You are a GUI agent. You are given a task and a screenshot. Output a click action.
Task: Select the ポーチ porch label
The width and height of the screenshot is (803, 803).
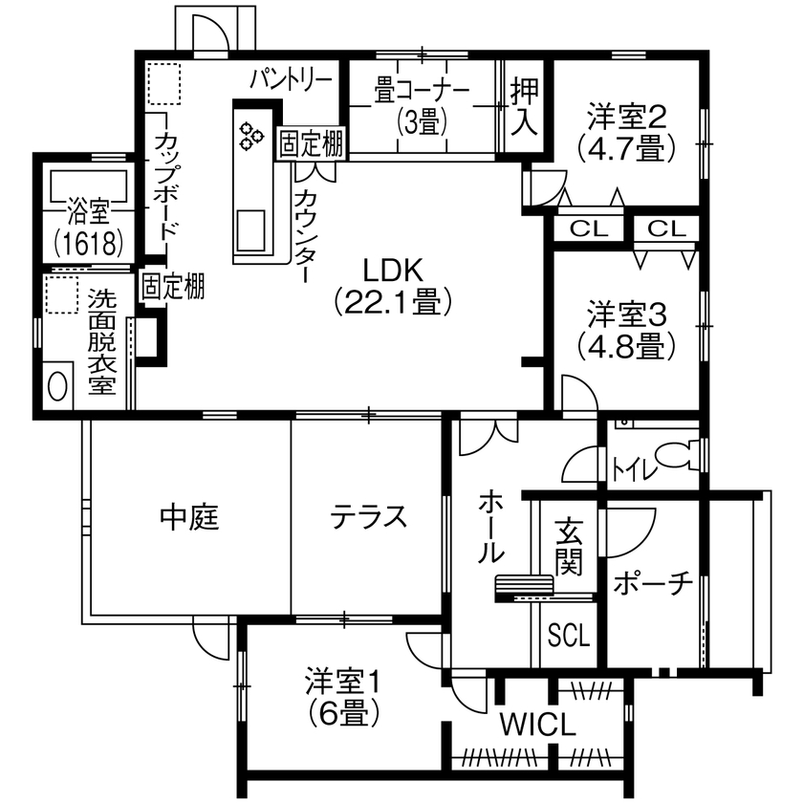pyautogui.click(x=652, y=582)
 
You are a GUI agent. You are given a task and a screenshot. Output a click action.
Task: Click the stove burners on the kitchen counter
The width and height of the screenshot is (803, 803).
pyautogui.click(x=252, y=135)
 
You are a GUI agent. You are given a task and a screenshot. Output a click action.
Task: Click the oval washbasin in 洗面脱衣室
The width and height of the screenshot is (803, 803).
pyautogui.click(x=58, y=385)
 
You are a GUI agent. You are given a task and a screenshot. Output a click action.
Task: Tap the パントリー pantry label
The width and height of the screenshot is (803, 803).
pyautogui.click(x=292, y=78)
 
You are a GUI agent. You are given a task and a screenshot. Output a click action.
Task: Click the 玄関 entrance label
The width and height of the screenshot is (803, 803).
pyautogui.click(x=569, y=546)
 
